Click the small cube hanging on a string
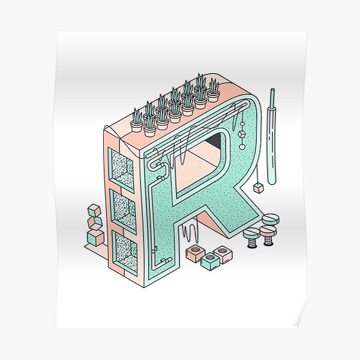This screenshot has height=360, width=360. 259,188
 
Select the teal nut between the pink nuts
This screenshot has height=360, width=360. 210,260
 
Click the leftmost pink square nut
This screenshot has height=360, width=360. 194,253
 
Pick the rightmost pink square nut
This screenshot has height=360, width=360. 223,254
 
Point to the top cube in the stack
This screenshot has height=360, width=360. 95,212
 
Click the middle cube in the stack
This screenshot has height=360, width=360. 94,224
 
